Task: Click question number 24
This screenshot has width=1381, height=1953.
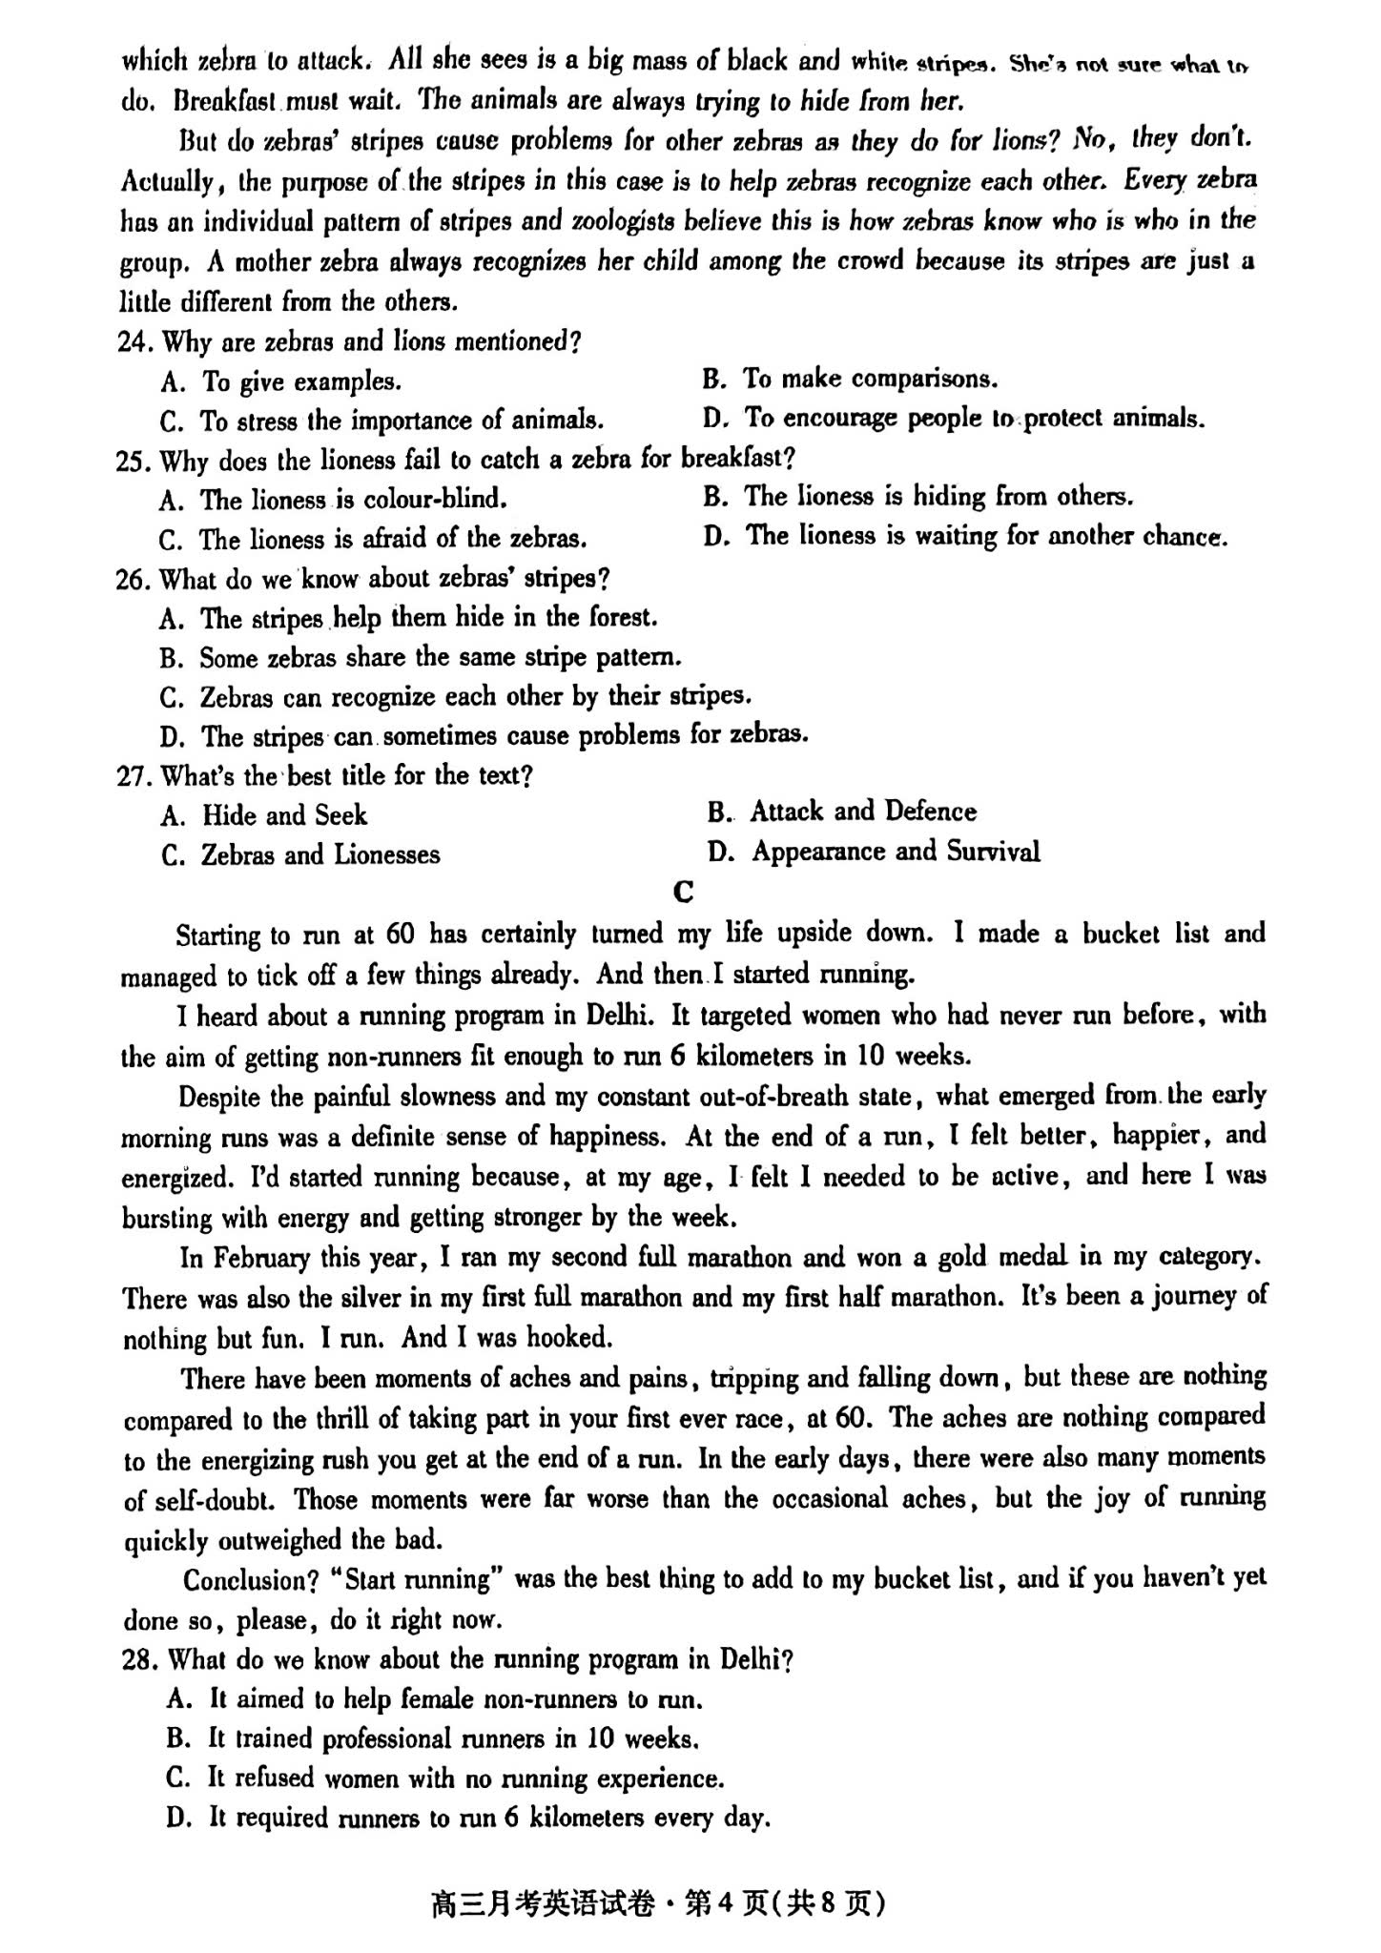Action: (x=135, y=341)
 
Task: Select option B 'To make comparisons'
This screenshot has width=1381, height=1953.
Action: (x=850, y=380)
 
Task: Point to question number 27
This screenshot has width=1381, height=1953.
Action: (x=134, y=776)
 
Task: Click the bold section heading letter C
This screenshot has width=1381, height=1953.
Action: (x=683, y=892)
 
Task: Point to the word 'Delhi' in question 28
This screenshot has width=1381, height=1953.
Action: (x=752, y=1660)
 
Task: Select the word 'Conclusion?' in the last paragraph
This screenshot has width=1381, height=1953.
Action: (x=250, y=1581)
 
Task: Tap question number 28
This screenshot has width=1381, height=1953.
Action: (x=139, y=1660)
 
